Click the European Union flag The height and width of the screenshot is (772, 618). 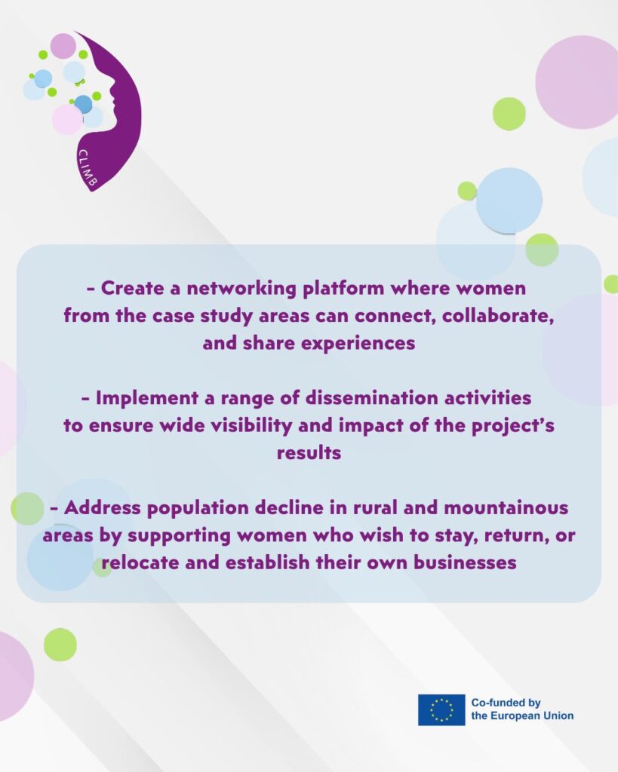pyautogui.click(x=441, y=709)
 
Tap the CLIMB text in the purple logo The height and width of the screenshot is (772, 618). pyautogui.click(x=88, y=168)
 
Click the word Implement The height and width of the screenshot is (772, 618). pyautogui.click(x=147, y=398)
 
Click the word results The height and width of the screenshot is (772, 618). pyautogui.click(x=309, y=453)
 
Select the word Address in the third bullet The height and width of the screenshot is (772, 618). pyautogui.click(x=102, y=507)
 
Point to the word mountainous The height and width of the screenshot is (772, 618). pyautogui.click(x=506, y=507)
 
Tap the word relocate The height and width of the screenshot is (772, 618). pyautogui.click(x=140, y=562)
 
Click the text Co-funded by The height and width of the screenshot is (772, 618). pyautogui.click(x=506, y=703)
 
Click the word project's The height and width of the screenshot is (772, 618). pyautogui.click(x=513, y=426)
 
